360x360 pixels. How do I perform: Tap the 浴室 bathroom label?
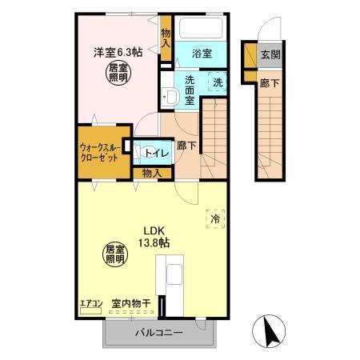pyautogui.click(x=202, y=54)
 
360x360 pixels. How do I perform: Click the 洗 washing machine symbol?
pyautogui.click(x=218, y=81)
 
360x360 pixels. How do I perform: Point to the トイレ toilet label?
pyautogui.click(x=155, y=152)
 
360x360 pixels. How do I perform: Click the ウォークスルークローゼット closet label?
pyautogui.click(x=100, y=152)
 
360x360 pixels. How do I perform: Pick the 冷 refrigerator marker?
pyautogui.click(x=214, y=218)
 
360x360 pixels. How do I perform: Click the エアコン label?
pyautogui.click(x=90, y=304)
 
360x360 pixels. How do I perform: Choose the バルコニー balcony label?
pyautogui.click(x=159, y=333)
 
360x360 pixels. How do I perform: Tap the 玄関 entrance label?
pyautogui.click(x=270, y=54)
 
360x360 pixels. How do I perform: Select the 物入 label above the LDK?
pyautogui.click(x=152, y=172)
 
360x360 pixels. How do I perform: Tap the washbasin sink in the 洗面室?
pyautogui.click(x=170, y=98)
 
